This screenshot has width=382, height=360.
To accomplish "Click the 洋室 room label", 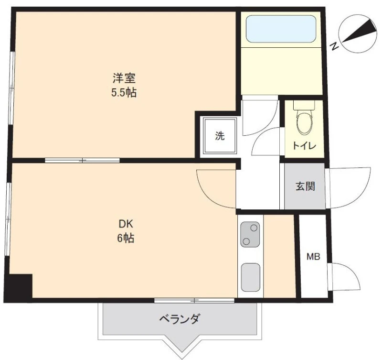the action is (124, 78).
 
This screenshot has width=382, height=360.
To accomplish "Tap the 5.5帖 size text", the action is (124, 93).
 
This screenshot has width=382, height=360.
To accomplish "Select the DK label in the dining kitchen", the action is (126, 224).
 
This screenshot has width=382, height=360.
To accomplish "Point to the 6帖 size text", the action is (126, 238).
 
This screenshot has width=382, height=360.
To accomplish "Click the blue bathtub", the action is (281, 29).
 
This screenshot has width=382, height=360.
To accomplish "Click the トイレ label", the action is (304, 146).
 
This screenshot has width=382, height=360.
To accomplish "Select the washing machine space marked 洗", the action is (220, 136).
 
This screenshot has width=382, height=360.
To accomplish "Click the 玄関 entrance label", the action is (305, 186).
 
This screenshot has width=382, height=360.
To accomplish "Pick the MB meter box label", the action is (313, 257).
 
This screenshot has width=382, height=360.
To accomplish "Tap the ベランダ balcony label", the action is (180, 319).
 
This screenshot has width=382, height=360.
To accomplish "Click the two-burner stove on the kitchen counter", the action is (250, 234).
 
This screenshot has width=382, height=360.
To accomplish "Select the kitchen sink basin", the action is (250, 277).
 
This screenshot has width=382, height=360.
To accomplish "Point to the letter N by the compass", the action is (335, 46).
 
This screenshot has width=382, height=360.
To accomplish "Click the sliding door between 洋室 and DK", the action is (82, 160).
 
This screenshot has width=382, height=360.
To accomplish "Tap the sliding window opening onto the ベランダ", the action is (194, 301).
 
